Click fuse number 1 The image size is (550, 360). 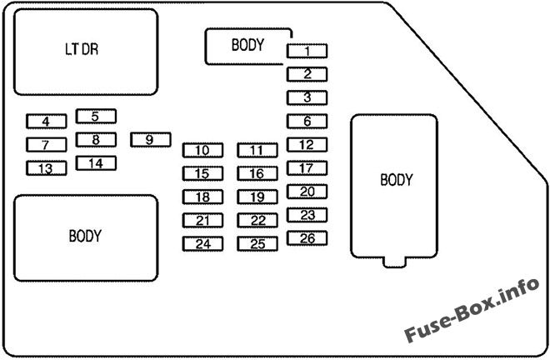pyautogui.click(x=307, y=51)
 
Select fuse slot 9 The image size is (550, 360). pyautogui.click(x=150, y=139)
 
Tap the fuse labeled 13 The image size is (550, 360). pyautogui.click(x=46, y=168)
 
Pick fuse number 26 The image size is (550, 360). pyautogui.click(x=307, y=238)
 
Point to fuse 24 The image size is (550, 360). pyautogui.click(x=202, y=244)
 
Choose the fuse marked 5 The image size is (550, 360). pyautogui.click(x=96, y=117)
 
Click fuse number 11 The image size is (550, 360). pyautogui.click(x=257, y=151)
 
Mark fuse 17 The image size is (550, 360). pyautogui.click(x=307, y=168)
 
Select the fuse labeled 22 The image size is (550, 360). pyautogui.click(x=257, y=221)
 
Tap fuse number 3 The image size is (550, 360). pyautogui.click(x=307, y=97)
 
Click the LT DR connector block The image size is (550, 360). pyautogui.click(x=85, y=51)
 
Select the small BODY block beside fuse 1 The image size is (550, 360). pyautogui.click(x=247, y=46)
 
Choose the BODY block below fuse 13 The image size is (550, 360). pyautogui.click(x=85, y=237)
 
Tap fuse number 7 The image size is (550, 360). pyautogui.click(x=46, y=145)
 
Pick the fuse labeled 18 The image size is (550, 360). pyautogui.click(x=202, y=197)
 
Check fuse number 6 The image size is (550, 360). pyautogui.click(x=307, y=121)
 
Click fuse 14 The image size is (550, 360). pyautogui.click(x=96, y=163)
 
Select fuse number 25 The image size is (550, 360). pyautogui.click(x=257, y=244)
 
